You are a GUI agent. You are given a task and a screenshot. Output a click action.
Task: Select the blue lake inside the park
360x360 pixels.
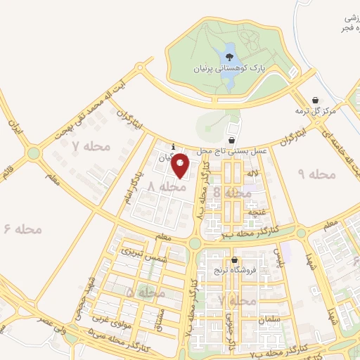tap(229, 56)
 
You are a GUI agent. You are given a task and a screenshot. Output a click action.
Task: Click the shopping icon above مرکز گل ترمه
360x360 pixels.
tap(315, 101)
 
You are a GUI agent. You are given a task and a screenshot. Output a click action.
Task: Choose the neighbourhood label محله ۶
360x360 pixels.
tap(22, 229)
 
